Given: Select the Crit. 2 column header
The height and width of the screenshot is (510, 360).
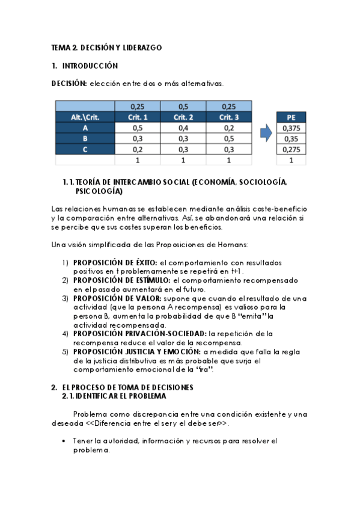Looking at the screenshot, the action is point(183,117).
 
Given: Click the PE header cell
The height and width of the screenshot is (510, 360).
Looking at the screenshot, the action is point(291,117).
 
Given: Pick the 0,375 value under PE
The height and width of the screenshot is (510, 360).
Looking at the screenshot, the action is point(291,128).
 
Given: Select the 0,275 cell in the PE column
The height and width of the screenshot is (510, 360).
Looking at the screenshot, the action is point(291,150).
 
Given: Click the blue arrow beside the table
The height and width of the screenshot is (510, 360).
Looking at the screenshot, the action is point(265,132).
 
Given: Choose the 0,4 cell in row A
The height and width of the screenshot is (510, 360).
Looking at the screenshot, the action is point(183,128).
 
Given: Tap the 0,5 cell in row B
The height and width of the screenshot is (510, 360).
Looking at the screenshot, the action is point(228,139).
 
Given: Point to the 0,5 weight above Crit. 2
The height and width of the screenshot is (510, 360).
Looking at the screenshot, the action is point(183,106).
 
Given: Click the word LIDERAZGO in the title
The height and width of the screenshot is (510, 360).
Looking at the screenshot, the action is point(141,47).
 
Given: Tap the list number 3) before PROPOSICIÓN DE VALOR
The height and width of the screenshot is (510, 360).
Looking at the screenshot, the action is point(65,298).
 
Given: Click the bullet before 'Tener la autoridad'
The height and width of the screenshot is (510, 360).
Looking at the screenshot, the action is point(64,441).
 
